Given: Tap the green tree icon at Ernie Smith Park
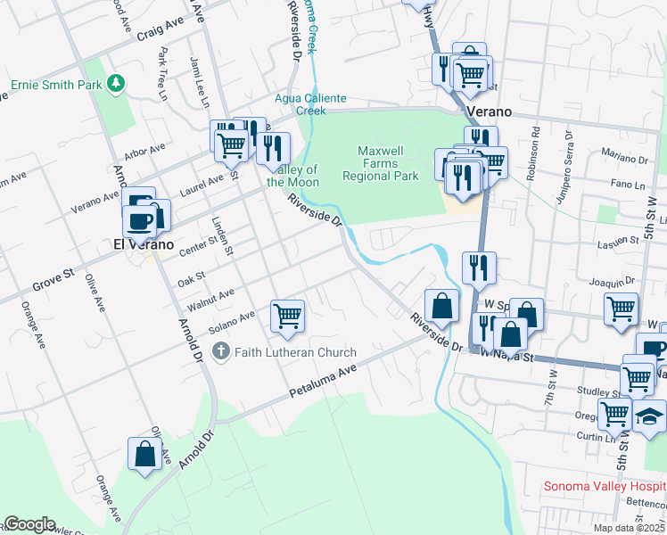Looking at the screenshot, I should pos(114,84).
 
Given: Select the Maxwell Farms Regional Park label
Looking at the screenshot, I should pos(381,163).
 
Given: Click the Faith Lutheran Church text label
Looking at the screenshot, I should pos(295,352).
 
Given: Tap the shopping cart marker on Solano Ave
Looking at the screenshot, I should pos(287,315).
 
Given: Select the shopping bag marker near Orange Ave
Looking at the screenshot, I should pos(144,454).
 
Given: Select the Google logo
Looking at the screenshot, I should pos(29,524).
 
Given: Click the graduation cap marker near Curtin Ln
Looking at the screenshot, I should pos(650,416).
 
